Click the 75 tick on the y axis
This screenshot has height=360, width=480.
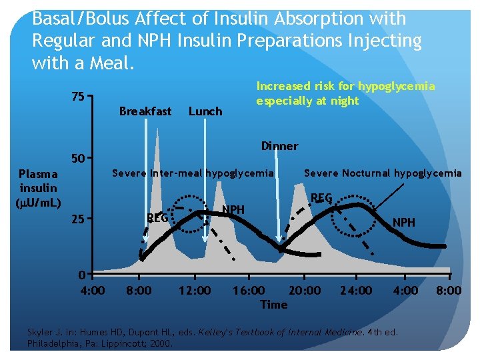(x=78, y=97)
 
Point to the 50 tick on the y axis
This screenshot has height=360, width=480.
(x=78, y=159)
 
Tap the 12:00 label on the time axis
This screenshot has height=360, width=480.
(x=195, y=291)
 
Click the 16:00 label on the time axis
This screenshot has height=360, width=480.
(x=249, y=291)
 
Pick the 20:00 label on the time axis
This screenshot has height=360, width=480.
(x=305, y=291)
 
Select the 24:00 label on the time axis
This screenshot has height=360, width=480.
(x=356, y=291)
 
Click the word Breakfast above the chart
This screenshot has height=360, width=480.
(x=145, y=111)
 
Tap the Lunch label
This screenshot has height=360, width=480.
(x=205, y=111)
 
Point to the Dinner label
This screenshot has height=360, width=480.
(x=279, y=146)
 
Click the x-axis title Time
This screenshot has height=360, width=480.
(x=274, y=305)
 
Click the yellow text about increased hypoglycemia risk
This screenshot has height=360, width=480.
(x=345, y=93)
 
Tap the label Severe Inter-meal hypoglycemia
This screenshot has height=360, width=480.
(x=193, y=173)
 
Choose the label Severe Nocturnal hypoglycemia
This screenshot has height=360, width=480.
(x=383, y=173)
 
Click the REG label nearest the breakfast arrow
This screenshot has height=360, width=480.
(x=157, y=217)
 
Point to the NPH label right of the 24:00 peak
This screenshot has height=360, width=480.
(x=404, y=222)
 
